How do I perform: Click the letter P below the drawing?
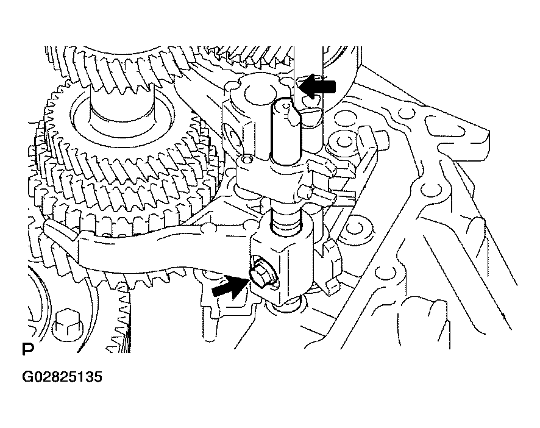[x=28, y=349]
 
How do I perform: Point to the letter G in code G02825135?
[x=27, y=377]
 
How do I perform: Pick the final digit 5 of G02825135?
[x=98, y=377]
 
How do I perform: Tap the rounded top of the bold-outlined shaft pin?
[x=286, y=104]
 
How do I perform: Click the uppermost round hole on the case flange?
[x=405, y=113]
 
